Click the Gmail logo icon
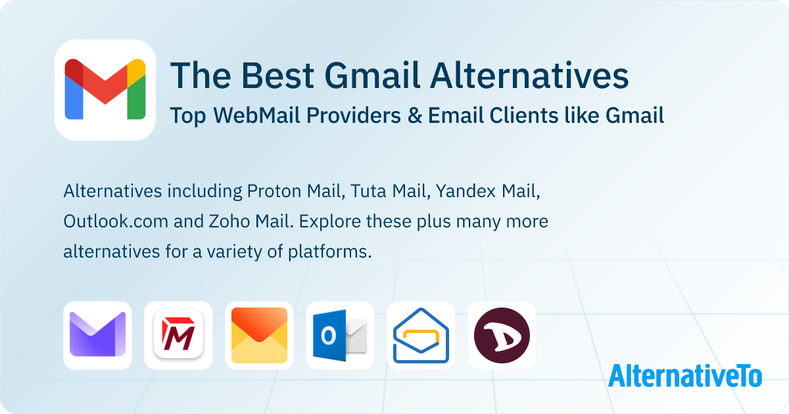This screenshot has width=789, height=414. tap(105, 89)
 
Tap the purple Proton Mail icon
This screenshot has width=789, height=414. tap(97, 335)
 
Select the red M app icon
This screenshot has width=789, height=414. tap(178, 335)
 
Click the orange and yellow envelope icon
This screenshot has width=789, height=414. tap(259, 335)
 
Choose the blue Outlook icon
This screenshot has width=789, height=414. tap(340, 335)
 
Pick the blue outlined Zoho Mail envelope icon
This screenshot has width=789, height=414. tap(421, 335)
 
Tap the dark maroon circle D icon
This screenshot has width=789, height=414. tap(502, 335)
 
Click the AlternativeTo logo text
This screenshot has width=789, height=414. tap(684, 375)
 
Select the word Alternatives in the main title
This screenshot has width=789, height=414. tap(529, 76)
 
